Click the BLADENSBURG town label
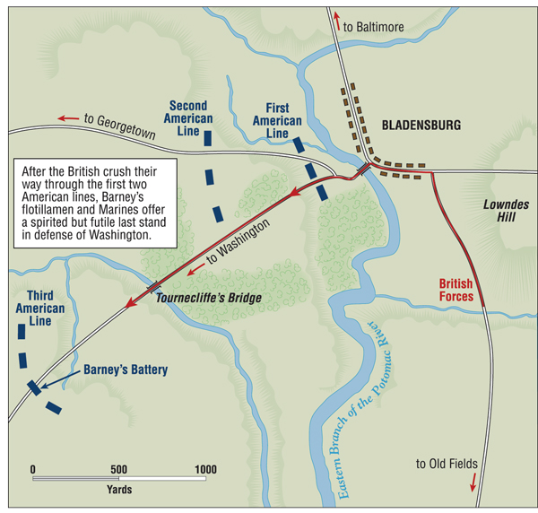(x=421, y=126)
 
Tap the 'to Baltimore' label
(x=379, y=28)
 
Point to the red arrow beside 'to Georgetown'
(x=66, y=117)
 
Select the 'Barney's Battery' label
(x=126, y=370)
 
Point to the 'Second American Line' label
(x=191, y=118)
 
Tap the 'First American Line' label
(x=276, y=120)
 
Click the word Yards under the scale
(x=118, y=490)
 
